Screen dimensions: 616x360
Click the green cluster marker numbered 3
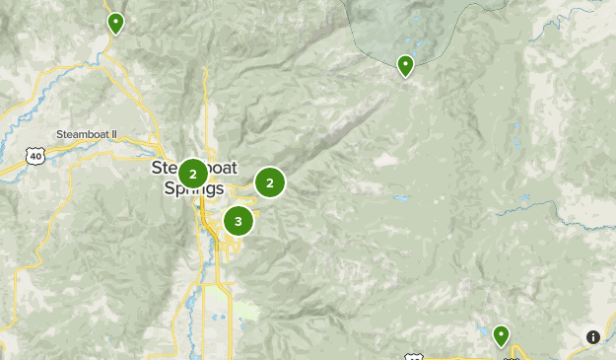[x=238, y=221]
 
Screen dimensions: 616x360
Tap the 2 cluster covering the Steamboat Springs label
[x=193, y=174]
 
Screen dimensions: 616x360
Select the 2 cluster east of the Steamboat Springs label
[x=269, y=182]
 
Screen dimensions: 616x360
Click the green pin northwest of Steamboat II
[x=116, y=23]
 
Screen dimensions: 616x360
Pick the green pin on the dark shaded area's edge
[x=405, y=66]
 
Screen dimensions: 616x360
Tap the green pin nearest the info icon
[x=502, y=336]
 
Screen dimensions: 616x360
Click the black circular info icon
[x=593, y=337]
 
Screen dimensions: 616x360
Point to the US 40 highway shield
[x=35, y=156]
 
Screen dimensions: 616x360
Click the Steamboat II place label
[x=87, y=134]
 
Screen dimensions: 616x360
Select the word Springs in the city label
[x=193, y=189]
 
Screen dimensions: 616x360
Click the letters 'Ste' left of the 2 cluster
[x=164, y=168]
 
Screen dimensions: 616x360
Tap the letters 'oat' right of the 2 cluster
[x=223, y=168]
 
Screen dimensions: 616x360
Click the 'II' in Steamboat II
[x=112, y=134]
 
